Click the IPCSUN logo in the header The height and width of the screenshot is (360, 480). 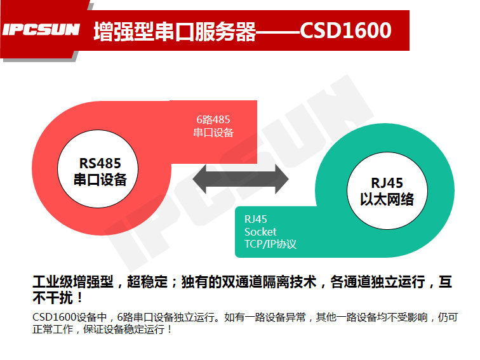[41, 30]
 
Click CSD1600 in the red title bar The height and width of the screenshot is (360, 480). [345, 30]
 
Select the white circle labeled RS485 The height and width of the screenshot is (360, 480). [99, 171]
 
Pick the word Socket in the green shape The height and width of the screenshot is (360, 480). [260, 232]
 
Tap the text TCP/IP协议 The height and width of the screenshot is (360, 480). [270, 244]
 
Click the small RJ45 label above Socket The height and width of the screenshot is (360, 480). [256, 220]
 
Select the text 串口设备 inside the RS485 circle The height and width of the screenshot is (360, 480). [100, 180]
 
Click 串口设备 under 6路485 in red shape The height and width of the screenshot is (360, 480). [213, 132]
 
